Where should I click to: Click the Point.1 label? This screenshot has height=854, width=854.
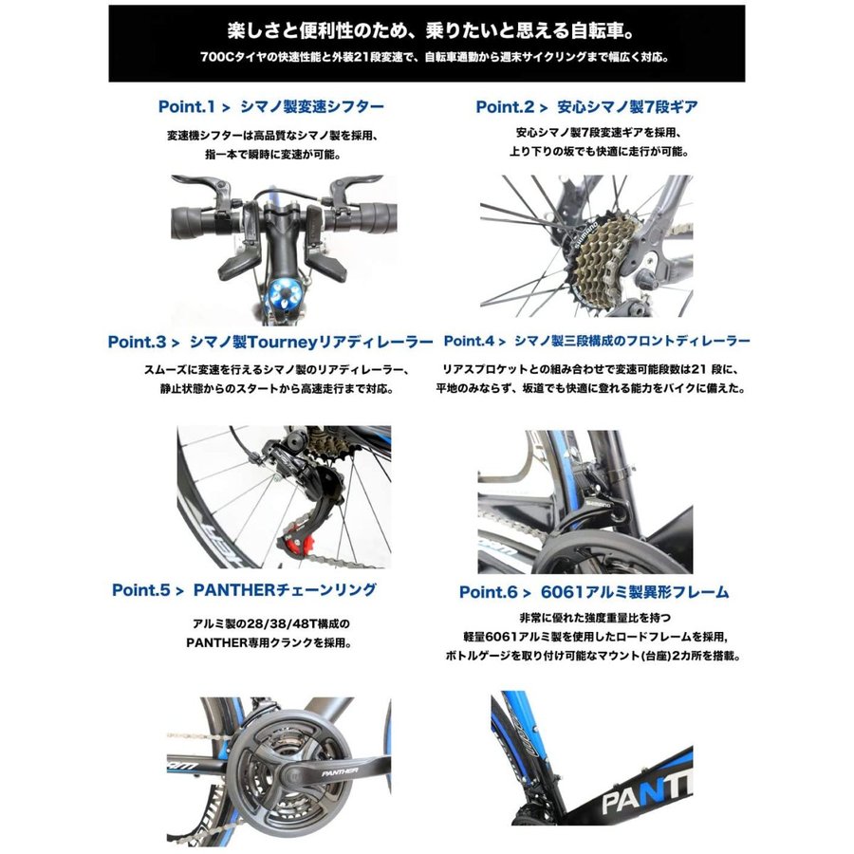point(186,106)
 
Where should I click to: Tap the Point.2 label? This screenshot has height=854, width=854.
point(505,106)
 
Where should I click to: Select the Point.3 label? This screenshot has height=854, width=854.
point(136,342)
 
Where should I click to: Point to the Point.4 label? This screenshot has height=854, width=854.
point(469,342)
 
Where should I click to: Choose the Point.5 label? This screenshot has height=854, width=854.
point(140,590)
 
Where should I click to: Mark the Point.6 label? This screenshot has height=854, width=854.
point(488,592)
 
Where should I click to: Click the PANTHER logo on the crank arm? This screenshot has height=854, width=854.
point(340,771)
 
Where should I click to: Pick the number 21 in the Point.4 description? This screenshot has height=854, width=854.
point(698,369)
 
